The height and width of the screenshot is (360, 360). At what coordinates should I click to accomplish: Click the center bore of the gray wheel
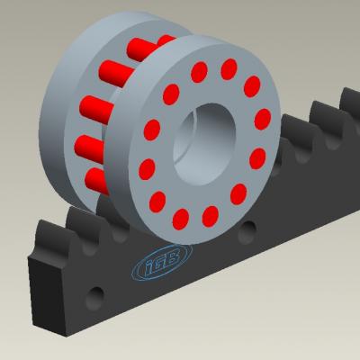pos(204,144)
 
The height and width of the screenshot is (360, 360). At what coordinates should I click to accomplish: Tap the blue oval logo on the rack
pos(162,262)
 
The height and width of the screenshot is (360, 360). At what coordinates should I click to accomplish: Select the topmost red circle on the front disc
pos(229,69)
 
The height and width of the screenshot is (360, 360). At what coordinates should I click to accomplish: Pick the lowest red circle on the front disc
pos(181,220)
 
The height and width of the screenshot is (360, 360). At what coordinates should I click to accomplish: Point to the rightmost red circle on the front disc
pos(263,119)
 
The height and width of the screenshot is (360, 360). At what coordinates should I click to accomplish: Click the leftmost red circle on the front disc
pos(147,169)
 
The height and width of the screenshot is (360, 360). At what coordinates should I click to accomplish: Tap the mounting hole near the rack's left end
pos(95,298)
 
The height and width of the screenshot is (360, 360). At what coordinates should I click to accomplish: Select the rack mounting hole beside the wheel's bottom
pos(247,231)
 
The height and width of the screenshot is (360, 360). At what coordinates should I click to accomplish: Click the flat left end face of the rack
pos(47,294)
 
